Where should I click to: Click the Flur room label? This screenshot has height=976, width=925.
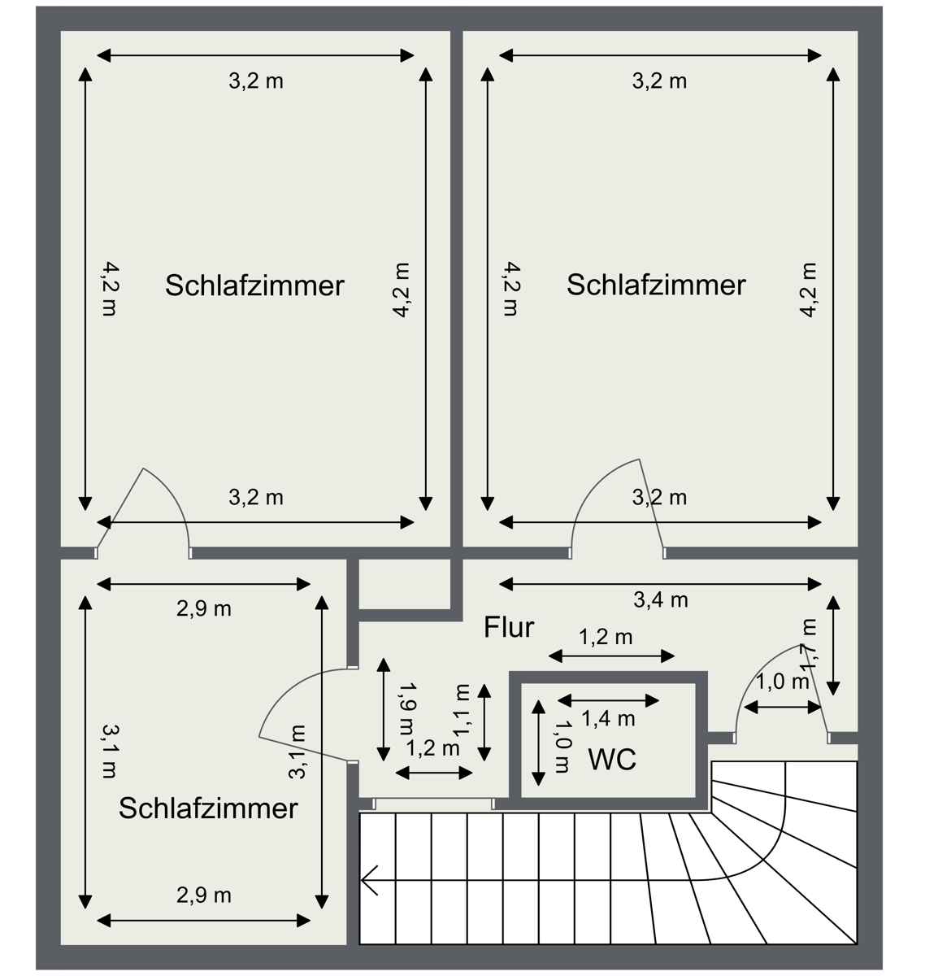[x=509, y=628]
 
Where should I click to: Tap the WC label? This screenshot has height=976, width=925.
[x=611, y=760]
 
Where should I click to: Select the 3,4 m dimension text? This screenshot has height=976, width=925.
[x=660, y=600]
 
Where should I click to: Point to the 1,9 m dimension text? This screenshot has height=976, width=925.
[x=406, y=707]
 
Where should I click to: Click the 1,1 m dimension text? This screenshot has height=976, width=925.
[x=462, y=709]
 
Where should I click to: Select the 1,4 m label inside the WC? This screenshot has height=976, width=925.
[x=608, y=718]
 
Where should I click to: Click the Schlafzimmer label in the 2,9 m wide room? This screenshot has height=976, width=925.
[x=208, y=808]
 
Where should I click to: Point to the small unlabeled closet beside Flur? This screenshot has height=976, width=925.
[x=405, y=583]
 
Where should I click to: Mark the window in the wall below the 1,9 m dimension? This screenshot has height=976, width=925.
[x=433, y=804]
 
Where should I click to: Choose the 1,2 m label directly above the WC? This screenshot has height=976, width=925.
[x=605, y=637]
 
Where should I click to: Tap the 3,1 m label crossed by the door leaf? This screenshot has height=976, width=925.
[x=298, y=752]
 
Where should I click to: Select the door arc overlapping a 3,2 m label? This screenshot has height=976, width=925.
[x=610, y=488]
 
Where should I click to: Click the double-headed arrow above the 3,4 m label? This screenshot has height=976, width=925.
[x=660, y=583]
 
